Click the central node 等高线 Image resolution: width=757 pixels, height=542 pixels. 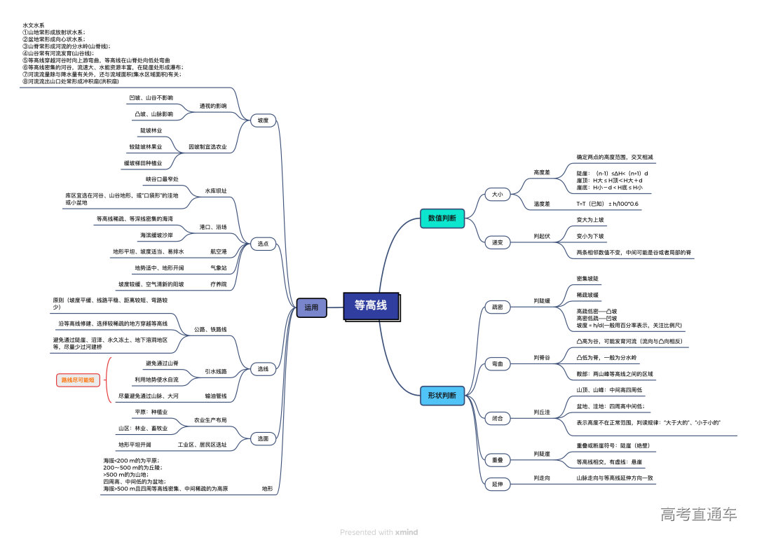pos(371,306)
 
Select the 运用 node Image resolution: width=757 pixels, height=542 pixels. pos(311,307)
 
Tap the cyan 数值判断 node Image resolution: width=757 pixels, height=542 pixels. pos(442,218)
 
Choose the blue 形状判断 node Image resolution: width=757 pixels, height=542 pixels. pos(442,396)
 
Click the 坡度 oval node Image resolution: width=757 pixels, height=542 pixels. pos(263,120)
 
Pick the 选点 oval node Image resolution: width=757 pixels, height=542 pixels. pos(263,244)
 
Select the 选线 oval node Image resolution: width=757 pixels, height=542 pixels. pos(263,368)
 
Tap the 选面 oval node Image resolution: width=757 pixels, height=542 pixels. pos(263,438)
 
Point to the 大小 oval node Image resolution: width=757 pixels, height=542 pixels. pos(497,194)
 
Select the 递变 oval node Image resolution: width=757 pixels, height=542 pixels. pos(497,242)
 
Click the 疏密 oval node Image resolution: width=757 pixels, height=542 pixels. pos(497,307)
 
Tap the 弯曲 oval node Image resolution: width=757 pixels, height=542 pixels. pos(497,364)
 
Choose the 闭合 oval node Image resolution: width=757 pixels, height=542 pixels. pos(497,418)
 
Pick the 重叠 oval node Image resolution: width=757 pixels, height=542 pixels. pos(497,460)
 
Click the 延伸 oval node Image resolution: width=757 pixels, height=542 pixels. pos(497,484)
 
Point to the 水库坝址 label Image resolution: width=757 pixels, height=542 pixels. pos(215,190)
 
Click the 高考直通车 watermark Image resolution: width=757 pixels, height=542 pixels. pos(698,515)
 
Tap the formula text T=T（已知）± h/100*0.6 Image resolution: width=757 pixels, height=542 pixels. pos(608,204)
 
